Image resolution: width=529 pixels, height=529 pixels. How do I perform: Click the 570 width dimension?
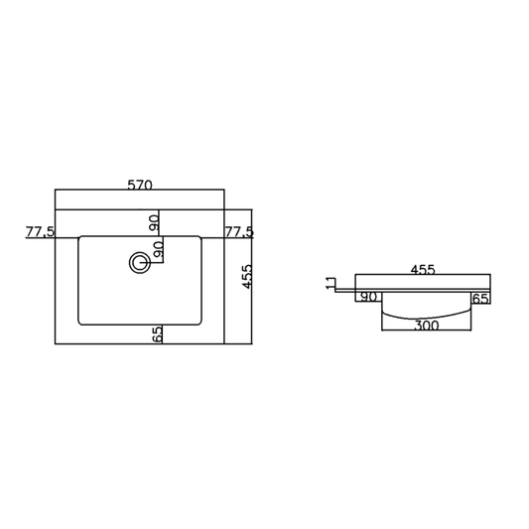(x=140, y=185)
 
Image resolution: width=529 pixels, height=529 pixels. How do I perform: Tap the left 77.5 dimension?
(x=41, y=232)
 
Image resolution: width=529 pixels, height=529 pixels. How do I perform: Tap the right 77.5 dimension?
(x=240, y=232)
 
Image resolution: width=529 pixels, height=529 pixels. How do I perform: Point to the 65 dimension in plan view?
(x=157, y=333)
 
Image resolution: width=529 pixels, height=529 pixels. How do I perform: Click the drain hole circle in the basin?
(x=138, y=262)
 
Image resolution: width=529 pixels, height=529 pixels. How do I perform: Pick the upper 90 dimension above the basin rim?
(x=155, y=222)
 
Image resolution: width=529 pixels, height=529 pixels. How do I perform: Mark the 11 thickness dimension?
(x=331, y=284)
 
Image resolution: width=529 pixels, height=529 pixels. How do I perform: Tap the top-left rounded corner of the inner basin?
(x=81, y=238)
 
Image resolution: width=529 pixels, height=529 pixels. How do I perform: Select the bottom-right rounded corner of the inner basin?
(x=200, y=323)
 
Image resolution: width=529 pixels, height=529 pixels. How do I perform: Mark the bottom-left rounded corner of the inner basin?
(x=81, y=323)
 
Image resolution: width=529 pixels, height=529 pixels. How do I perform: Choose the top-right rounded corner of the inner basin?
(x=200, y=238)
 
